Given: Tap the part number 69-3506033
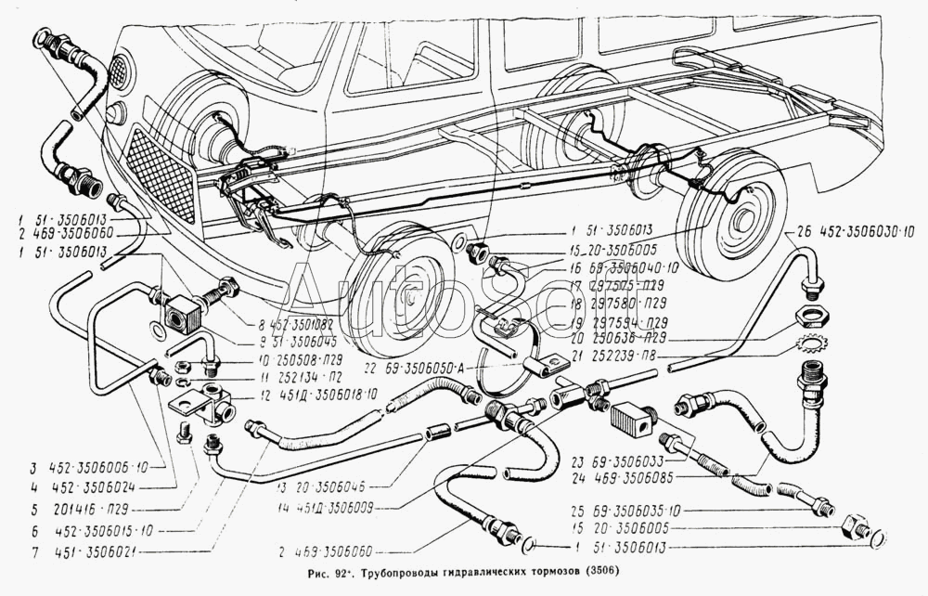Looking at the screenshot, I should pos(640,460).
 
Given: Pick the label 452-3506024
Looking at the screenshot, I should pos(80,484).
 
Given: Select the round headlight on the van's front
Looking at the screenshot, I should pos(120,70).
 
